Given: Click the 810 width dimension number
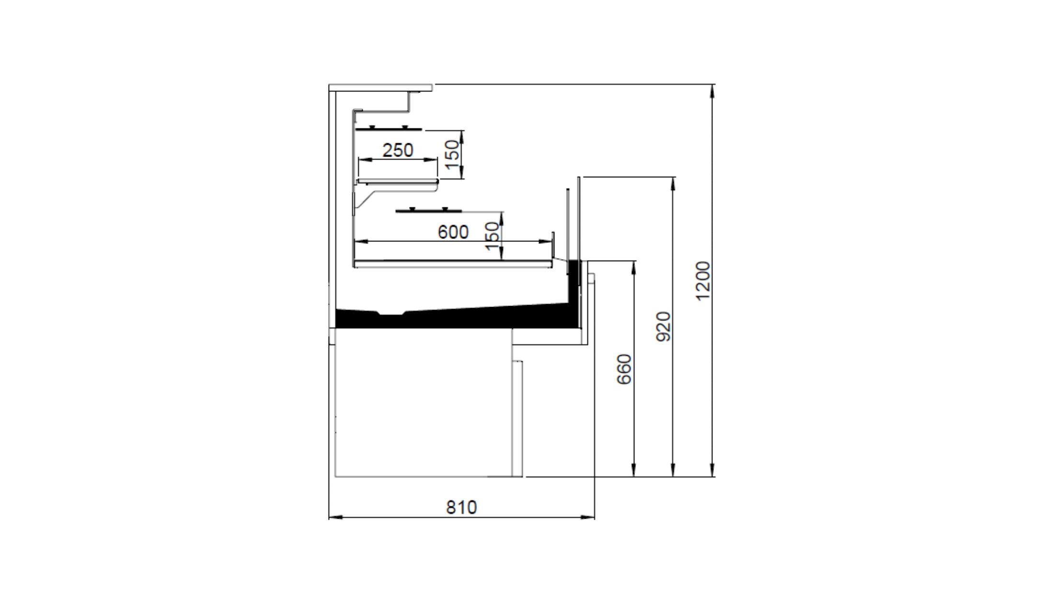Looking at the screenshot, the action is [x=461, y=507].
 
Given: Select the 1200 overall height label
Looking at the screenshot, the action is [x=703, y=281].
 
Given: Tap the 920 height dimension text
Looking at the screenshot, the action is [x=664, y=326].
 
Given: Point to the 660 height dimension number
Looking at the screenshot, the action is [x=624, y=369].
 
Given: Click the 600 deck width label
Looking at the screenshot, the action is [x=453, y=232].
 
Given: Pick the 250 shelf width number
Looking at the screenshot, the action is [x=398, y=150].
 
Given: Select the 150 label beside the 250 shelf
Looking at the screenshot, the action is [x=452, y=154].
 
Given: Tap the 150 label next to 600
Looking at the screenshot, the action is [x=492, y=236].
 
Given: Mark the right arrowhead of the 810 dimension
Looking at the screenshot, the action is [x=589, y=517].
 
